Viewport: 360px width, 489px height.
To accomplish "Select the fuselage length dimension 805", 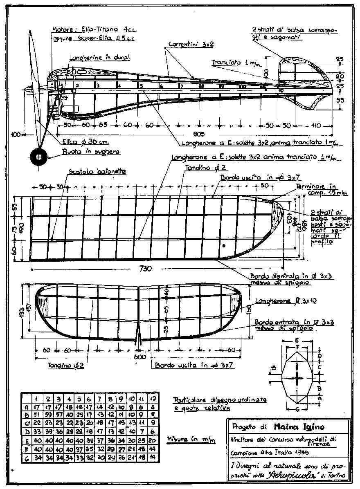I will (198, 134).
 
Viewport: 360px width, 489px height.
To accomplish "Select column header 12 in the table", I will (152, 398).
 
